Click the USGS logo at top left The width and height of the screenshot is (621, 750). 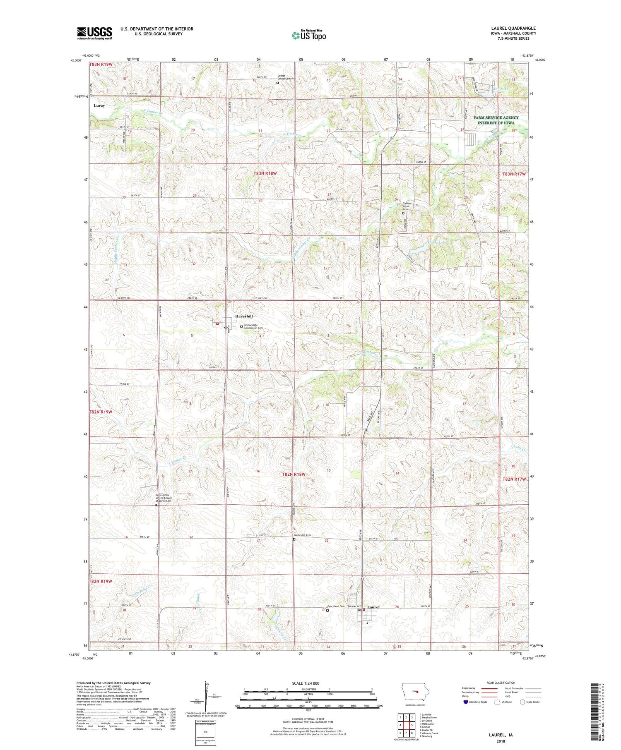(94, 33)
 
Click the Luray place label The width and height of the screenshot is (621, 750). (99, 105)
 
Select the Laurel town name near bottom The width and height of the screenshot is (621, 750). (373, 607)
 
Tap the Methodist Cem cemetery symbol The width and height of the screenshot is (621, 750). (294, 539)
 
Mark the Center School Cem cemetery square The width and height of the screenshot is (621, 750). (278, 82)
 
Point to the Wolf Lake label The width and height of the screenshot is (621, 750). (499, 89)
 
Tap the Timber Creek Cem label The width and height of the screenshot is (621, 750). (406, 206)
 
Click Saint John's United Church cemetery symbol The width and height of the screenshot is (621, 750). (156, 505)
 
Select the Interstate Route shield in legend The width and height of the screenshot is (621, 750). (466, 702)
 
